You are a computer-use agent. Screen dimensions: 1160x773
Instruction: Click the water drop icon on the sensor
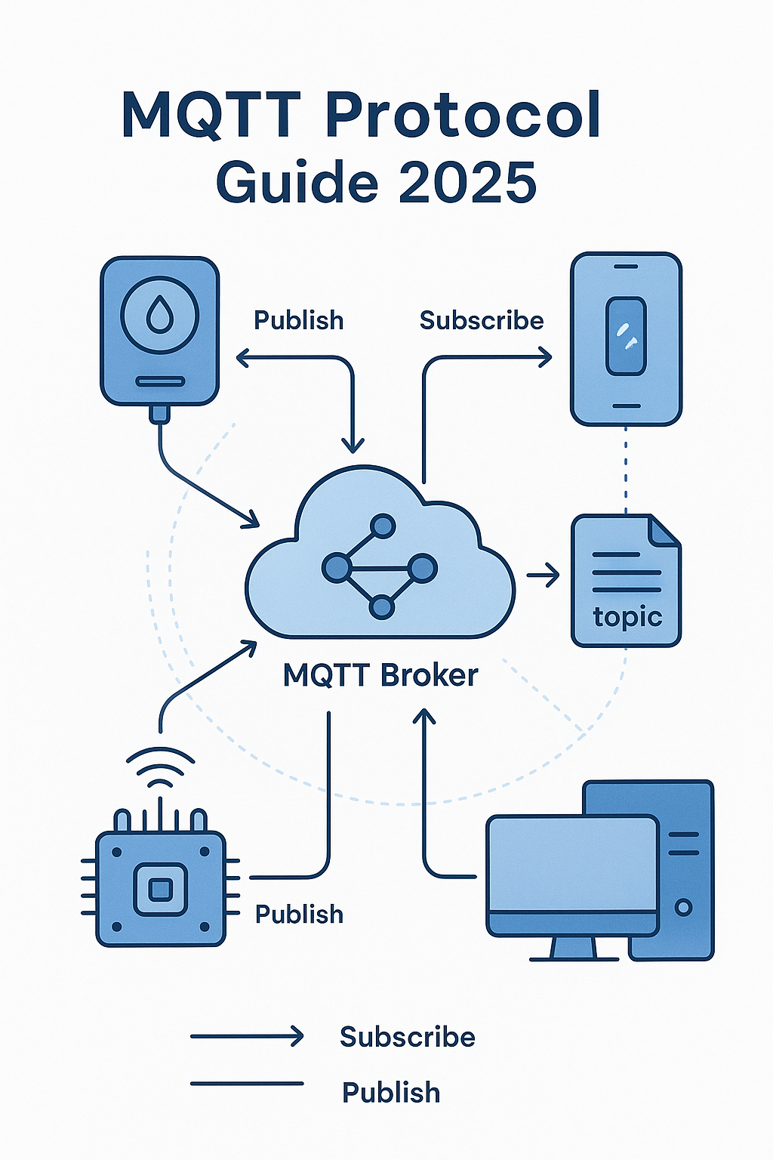pyautogui.click(x=159, y=314)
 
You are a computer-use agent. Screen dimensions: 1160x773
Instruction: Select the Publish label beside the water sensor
pyautogui.click(x=298, y=320)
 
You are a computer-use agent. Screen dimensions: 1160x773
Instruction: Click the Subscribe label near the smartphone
pyautogui.click(x=482, y=320)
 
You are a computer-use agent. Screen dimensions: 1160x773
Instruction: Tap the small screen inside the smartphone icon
pyautogui.click(x=626, y=335)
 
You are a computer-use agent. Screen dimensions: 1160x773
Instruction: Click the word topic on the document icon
pyautogui.click(x=627, y=617)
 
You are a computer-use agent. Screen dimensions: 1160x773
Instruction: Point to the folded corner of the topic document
pyautogui.click(x=665, y=530)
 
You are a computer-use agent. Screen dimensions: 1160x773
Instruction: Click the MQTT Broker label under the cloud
pyautogui.click(x=380, y=675)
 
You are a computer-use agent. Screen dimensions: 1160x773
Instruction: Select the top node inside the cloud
pyautogui.click(x=383, y=526)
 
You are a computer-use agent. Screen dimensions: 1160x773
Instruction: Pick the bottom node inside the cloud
pyautogui.click(x=382, y=606)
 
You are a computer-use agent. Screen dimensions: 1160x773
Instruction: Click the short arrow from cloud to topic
pyautogui.click(x=544, y=575)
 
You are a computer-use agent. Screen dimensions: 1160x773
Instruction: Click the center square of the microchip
pyautogui.click(x=160, y=889)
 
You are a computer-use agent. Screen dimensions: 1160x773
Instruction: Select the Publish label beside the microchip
pyautogui.click(x=299, y=914)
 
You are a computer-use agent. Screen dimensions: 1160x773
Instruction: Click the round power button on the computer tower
pyautogui.click(x=683, y=907)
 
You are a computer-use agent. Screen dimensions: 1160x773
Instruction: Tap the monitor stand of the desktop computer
pyautogui.click(x=574, y=949)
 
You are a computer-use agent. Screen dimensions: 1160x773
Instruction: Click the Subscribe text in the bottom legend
pyautogui.click(x=407, y=1037)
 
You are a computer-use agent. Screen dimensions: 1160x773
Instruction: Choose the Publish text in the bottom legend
pyautogui.click(x=390, y=1092)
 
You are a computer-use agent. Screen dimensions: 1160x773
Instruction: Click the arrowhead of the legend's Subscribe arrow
pyautogui.click(x=297, y=1036)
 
